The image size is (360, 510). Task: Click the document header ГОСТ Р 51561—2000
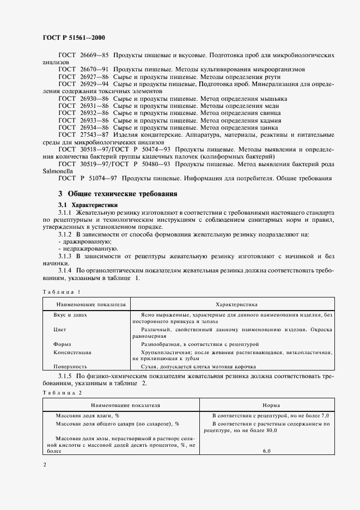point(74,38)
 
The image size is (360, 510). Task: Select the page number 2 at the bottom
point(45,465)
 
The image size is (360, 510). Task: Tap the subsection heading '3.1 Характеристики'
point(88,204)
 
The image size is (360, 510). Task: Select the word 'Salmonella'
point(57,169)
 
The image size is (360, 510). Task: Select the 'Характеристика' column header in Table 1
point(236,304)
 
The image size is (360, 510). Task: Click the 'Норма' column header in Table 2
point(271,405)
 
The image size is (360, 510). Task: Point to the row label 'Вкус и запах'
point(70,315)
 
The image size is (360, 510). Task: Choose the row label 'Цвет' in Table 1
point(60,330)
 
